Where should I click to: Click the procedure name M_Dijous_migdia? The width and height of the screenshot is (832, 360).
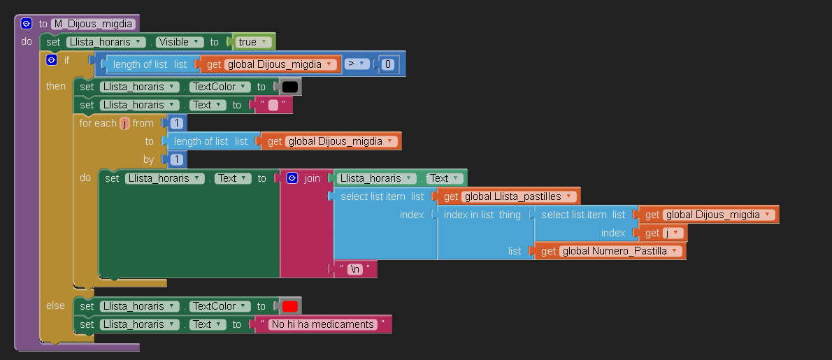[94, 24]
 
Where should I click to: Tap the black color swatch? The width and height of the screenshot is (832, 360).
[289, 87]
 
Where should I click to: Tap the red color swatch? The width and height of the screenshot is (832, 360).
[289, 306]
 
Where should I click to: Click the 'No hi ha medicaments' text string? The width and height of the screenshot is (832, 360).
[322, 324]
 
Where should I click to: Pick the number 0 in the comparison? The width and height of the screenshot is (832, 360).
[389, 64]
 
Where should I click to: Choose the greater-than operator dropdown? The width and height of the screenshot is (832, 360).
[357, 64]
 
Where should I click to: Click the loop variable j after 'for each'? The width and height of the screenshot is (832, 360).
[124, 123]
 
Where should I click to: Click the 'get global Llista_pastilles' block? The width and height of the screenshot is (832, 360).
[508, 196]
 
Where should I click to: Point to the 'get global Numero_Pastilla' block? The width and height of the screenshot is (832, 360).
[610, 251]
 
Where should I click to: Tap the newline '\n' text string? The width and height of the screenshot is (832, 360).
[355, 269]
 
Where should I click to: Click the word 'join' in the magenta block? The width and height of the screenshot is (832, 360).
[312, 178]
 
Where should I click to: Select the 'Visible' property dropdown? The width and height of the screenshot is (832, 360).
[180, 42]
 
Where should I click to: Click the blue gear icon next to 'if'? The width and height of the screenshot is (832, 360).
[52, 60]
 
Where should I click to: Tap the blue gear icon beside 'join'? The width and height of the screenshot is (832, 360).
[292, 178]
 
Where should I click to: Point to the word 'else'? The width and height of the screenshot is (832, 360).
[56, 305]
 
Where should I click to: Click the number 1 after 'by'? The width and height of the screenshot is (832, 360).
[177, 159]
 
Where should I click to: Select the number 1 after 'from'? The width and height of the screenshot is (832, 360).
[177, 123]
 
